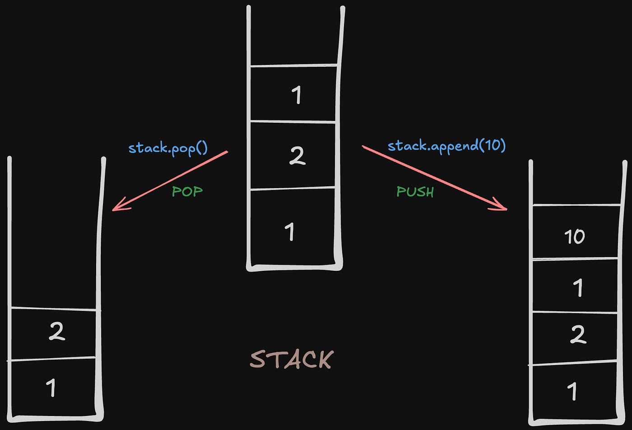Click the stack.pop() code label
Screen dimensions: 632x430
click(168, 148)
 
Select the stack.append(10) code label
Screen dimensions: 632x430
click(446, 146)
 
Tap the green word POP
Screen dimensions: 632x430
click(187, 191)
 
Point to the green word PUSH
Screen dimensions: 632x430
click(415, 192)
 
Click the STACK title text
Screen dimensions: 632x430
click(292, 360)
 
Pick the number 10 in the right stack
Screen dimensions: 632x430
click(574, 236)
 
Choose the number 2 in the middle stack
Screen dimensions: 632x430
click(297, 156)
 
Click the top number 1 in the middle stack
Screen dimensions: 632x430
click(296, 95)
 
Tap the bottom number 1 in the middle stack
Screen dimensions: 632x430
click(290, 232)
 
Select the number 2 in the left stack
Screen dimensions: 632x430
click(57, 332)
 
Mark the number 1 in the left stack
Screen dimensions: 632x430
click(51, 388)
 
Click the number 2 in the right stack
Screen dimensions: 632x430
click(578, 334)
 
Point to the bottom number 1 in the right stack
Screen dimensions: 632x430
click(572, 391)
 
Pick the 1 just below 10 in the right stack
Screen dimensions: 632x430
click(578, 287)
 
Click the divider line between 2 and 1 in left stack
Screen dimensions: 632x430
click(52, 359)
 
